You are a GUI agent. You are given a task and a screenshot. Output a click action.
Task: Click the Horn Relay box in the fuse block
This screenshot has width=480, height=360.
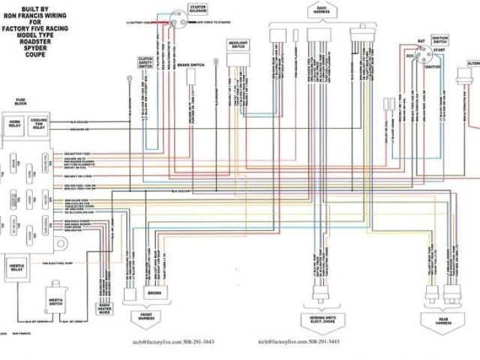click(15, 124)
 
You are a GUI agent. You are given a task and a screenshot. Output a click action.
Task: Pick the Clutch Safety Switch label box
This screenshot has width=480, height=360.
click(145, 63)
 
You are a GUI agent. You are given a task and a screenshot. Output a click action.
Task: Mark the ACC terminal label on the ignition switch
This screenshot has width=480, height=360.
click(410, 55)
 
